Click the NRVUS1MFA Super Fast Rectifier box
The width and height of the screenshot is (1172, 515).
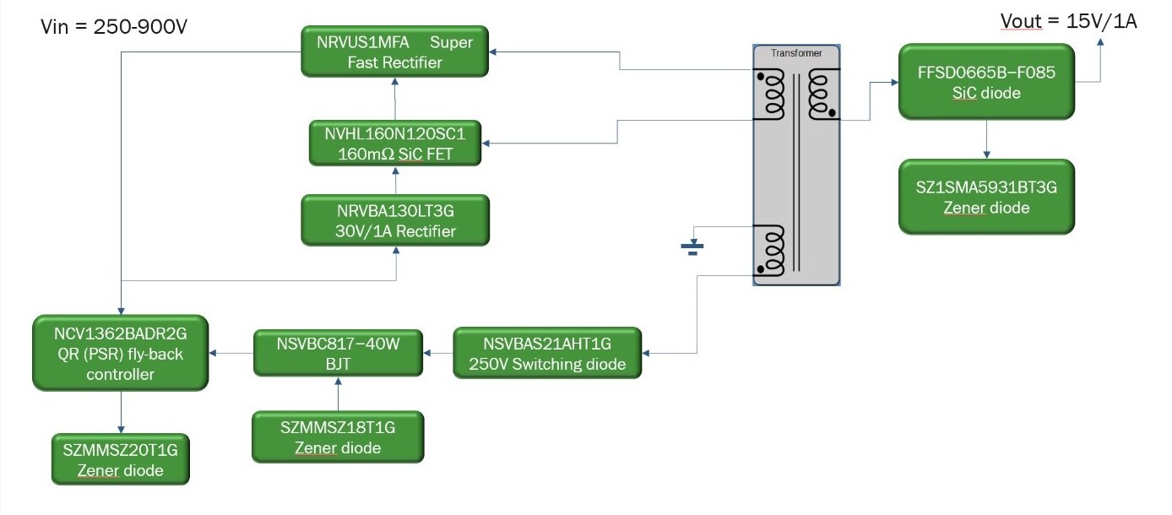[395, 52]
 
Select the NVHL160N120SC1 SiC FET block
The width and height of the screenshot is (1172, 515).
[395, 144]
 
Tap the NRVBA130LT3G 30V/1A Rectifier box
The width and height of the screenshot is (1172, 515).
[395, 220]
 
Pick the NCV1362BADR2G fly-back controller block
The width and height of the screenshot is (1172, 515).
[121, 352]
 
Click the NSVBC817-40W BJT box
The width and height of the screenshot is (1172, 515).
[339, 353]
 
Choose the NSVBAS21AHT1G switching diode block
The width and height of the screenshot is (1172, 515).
[547, 353]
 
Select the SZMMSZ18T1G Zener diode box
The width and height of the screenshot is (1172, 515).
[338, 437]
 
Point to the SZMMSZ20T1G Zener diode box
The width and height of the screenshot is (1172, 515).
[120, 459]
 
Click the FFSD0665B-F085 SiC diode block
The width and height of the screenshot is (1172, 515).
[986, 83]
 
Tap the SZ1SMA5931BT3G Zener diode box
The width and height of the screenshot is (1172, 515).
[986, 197]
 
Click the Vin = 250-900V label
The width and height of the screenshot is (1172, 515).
[114, 27]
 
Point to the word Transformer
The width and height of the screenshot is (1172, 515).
[796, 53]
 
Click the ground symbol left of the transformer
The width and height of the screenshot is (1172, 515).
[692, 248]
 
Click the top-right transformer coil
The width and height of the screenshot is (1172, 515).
[820, 95]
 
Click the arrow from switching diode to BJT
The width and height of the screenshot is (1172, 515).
[438, 352]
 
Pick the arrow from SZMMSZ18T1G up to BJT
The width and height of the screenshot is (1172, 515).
[338, 393]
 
